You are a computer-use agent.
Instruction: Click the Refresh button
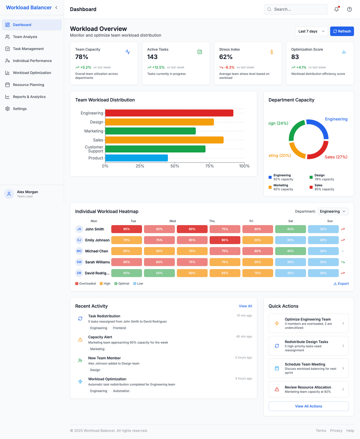342,31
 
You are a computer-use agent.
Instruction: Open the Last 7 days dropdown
311,31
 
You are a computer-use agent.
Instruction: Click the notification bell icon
336,9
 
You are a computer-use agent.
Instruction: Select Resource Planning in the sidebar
28,85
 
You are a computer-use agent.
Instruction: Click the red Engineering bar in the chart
169,113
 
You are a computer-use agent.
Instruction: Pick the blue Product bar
136,158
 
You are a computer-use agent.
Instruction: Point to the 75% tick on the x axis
209,166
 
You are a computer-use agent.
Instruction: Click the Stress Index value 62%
226,57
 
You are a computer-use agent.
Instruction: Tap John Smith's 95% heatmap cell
126,229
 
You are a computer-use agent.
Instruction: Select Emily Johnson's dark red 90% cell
225,240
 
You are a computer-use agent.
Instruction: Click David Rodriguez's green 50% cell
126,273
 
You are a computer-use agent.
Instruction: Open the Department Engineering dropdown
333,212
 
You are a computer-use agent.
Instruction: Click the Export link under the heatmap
341,284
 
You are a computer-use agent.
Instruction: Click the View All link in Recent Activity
245,306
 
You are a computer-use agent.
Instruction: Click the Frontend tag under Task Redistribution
119,328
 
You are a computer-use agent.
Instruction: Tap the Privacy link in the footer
336,431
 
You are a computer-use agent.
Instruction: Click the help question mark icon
349,9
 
